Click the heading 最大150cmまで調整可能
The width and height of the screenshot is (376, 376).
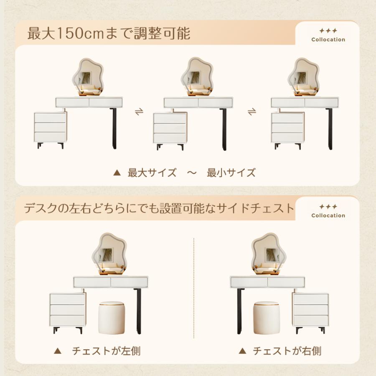tap(109, 33)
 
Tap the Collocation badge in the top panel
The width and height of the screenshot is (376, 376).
tap(328, 36)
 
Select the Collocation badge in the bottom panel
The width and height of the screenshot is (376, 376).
tap(328, 211)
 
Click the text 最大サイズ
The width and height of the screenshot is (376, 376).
tap(152, 173)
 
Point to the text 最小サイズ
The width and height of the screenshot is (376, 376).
tap(231, 173)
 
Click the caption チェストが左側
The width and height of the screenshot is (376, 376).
tap(106, 351)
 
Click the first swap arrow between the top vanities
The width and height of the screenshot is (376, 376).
tap(139, 112)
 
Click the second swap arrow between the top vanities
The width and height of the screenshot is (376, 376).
tap(252, 112)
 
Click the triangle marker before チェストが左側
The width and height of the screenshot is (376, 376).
tap(58, 351)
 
